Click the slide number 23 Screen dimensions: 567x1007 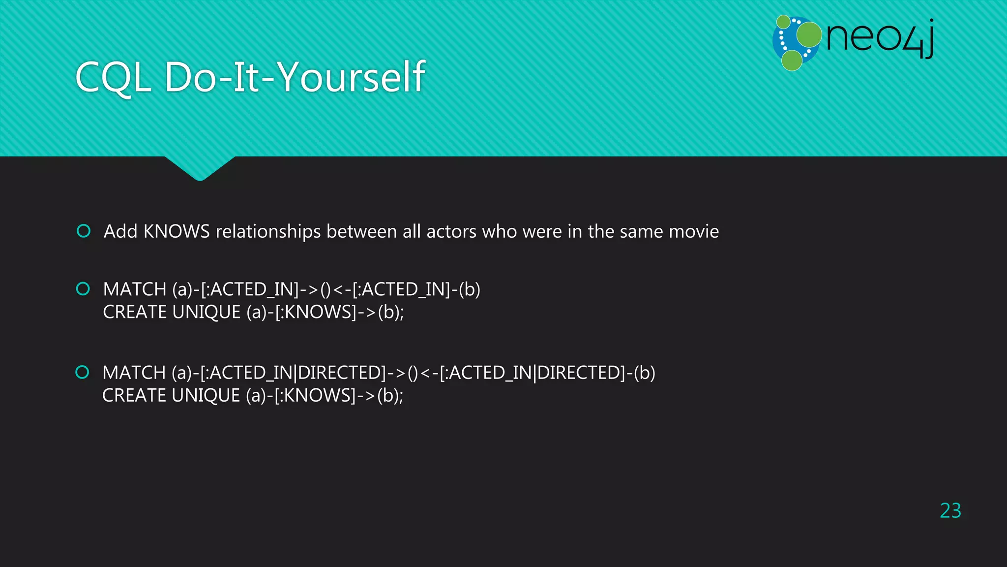950,510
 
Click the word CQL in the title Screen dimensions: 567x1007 113,77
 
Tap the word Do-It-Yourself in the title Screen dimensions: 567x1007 295,77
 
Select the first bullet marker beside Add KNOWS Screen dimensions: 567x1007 84,231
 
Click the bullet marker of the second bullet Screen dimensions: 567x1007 83,288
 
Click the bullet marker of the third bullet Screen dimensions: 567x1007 82,372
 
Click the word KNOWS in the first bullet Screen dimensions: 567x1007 176,231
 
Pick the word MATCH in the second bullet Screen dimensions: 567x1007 135,289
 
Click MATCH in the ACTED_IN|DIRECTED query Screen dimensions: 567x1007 134,373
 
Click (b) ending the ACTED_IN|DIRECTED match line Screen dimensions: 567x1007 644,373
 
